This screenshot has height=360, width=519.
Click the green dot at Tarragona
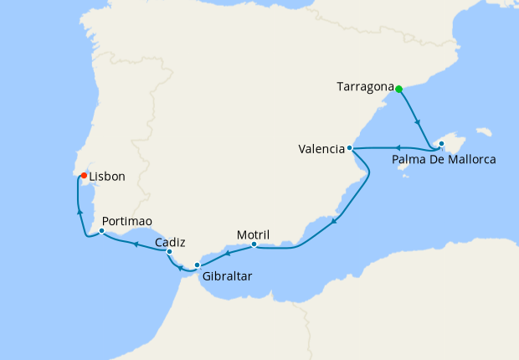pyautogui.click(x=399, y=89)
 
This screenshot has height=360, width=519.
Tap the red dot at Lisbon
pyautogui.click(x=84, y=175)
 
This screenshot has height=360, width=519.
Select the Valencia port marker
pyautogui.click(x=350, y=149)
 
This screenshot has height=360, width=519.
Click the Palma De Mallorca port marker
pyautogui.click(x=441, y=144)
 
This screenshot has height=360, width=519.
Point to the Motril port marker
pyautogui.click(x=254, y=245)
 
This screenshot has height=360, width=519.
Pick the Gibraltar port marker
pyautogui.click(x=198, y=265)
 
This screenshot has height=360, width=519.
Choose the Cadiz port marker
pyautogui.click(x=169, y=251)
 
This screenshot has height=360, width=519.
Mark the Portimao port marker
pyautogui.click(x=101, y=230)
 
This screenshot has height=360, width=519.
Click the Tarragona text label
pyautogui.click(x=365, y=86)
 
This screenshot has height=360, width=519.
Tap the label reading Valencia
pyautogui.click(x=321, y=150)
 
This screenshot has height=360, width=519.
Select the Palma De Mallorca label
pyautogui.click(x=444, y=159)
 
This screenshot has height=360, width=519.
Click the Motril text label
pyautogui.click(x=253, y=234)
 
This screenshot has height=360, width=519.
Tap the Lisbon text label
pyautogui.click(x=107, y=177)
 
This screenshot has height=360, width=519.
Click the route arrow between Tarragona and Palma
pyautogui.click(x=417, y=121)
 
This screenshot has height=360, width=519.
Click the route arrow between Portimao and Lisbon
pyautogui.click(x=80, y=212)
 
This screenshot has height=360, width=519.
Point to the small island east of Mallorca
pyautogui.click(x=483, y=131)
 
